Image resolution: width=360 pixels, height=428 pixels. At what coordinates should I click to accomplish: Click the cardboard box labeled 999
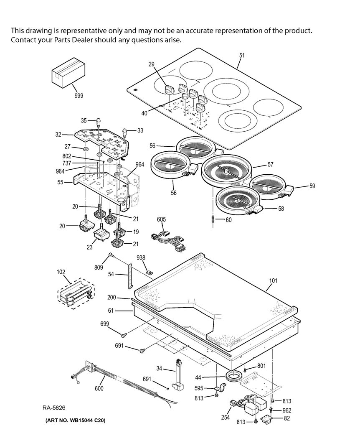coord(68,73)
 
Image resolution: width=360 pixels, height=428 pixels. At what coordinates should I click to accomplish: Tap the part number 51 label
coord(242,56)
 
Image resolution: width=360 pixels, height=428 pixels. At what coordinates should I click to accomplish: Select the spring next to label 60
coord(213,219)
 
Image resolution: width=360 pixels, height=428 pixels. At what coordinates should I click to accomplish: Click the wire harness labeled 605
coord(169,239)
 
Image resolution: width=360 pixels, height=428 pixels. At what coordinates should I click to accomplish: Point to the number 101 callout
coord(273,280)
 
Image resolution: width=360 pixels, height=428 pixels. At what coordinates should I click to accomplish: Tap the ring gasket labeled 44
coord(234,377)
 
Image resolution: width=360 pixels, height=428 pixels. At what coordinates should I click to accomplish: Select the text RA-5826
coord(54,408)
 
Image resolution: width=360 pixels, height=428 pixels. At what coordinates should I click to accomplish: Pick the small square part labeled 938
coord(149,272)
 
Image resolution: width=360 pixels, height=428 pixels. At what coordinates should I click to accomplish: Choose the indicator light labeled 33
coord(125,132)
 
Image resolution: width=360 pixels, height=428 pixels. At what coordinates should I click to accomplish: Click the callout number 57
coord(270,164)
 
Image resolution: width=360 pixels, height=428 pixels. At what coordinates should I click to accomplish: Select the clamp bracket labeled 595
coord(221,387)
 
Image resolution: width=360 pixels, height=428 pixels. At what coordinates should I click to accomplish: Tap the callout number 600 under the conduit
coord(99,388)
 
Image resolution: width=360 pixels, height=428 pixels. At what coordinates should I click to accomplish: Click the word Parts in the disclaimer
coord(62,40)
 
